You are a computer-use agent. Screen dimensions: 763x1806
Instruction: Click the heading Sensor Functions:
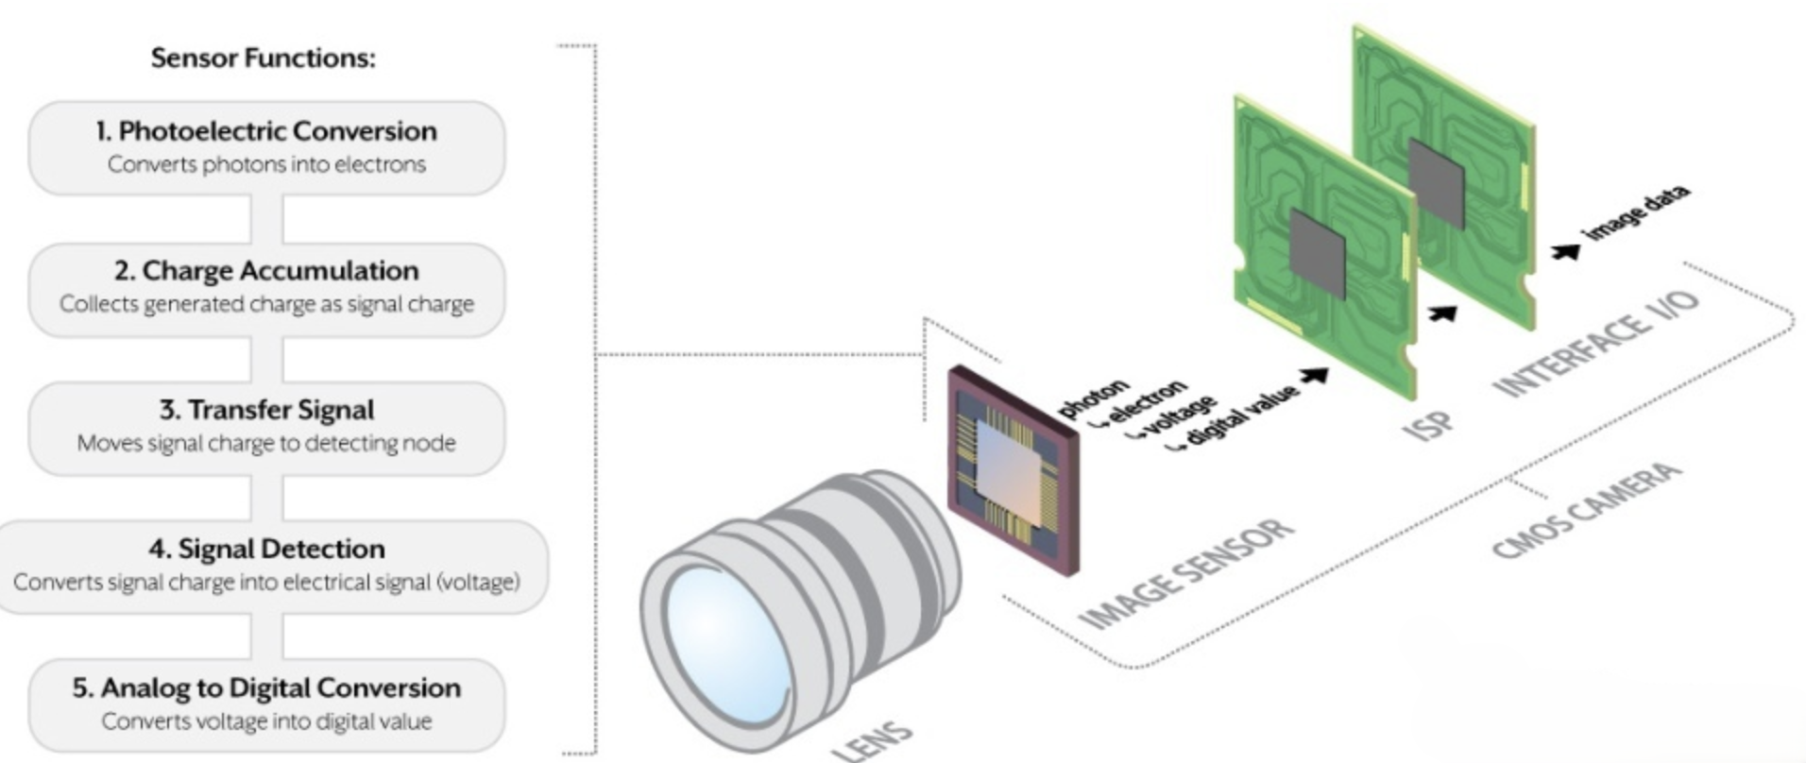[263, 59]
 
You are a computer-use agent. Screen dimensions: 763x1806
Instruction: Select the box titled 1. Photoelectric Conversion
[266, 147]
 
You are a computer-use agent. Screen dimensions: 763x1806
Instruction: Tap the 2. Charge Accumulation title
[266, 271]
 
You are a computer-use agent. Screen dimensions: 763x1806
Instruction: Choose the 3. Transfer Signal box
[266, 427]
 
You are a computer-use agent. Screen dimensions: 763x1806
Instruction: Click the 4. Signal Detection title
[266, 549]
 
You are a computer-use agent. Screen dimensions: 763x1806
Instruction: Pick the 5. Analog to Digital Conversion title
[266, 687]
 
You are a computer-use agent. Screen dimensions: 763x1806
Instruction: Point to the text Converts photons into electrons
[266, 164]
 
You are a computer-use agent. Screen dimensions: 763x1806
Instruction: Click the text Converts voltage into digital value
[266, 721]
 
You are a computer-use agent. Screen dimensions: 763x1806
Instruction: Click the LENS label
[873, 740]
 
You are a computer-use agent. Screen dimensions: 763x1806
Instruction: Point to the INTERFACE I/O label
[1596, 344]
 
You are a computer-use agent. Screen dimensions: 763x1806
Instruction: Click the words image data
[1636, 213]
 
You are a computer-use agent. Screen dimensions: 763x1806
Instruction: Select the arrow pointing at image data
[1565, 251]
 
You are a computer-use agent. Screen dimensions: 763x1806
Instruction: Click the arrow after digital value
[1314, 376]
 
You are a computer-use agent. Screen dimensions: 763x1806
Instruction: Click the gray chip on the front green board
[1317, 254]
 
